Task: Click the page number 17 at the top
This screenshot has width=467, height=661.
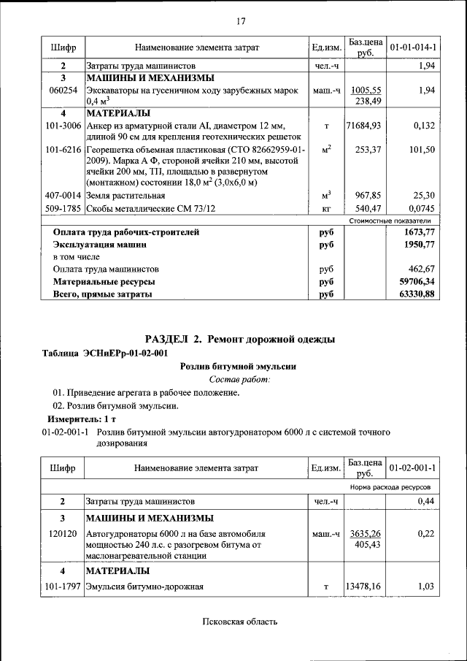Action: click(240, 20)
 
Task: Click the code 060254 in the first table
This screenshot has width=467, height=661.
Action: click(63, 90)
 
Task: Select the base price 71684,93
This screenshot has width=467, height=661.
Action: click(364, 126)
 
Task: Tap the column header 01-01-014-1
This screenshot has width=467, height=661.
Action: click(413, 48)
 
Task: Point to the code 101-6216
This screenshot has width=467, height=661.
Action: click(63, 149)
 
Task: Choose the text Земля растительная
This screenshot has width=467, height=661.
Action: click(125, 196)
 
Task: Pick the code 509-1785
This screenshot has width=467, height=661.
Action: click(63, 208)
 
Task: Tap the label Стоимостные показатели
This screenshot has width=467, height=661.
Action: click(390, 220)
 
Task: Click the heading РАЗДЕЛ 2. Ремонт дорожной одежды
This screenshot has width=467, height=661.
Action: click(240, 340)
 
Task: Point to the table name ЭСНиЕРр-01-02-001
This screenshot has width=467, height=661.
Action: click(106, 354)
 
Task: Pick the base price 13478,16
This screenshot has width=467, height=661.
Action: click(364, 586)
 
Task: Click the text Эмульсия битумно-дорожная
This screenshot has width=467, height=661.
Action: click(144, 586)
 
